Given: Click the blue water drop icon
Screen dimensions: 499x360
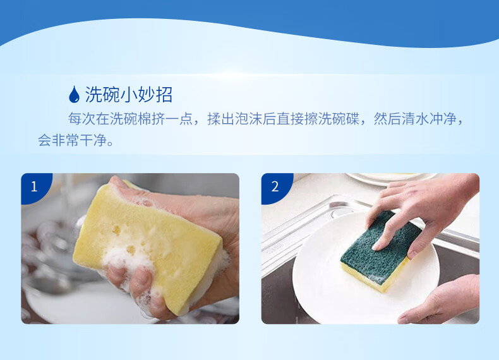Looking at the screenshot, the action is (74, 94).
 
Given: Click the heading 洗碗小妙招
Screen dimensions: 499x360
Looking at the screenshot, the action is (129, 95).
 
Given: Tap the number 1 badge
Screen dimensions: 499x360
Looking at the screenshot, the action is (34, 186).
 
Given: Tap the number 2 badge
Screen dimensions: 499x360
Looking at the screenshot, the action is (275, 186).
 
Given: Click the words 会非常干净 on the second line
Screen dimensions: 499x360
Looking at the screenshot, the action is (73, 140).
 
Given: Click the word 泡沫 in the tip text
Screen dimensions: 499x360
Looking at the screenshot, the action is (249, 119).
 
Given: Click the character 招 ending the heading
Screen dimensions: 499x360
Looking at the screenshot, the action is (164, 95).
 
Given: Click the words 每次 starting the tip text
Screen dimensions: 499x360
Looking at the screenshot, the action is (82, 119).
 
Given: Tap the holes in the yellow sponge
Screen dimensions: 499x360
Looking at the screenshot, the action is (124, 239).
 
